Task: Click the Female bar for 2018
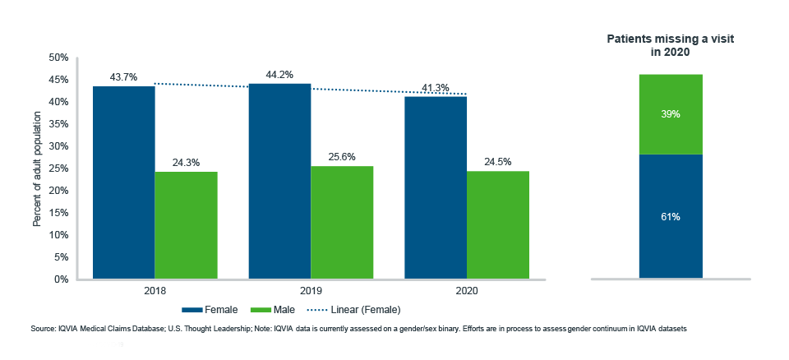(x=123, y=182)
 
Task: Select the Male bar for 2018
(x=187, y=225)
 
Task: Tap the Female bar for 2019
(x=279, y=182)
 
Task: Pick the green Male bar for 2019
(x=342, y=223)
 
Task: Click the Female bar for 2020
(x=436, y=187)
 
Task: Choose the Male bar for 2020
(x=498, y=225)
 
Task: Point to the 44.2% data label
(x=279, y=75)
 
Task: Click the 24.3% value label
(x=187, y=163)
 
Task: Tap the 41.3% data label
(x=436, y=87)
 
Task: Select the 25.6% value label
(x=342, y=157)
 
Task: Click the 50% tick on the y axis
(x=58, y=58)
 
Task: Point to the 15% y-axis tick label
(x=58, y=213)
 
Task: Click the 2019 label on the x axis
(x=311, y=291)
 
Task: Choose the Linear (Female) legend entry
(x=355, y=310)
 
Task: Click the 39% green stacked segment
(x=671, y=114)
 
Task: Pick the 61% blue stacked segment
(x=671, y=216)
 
